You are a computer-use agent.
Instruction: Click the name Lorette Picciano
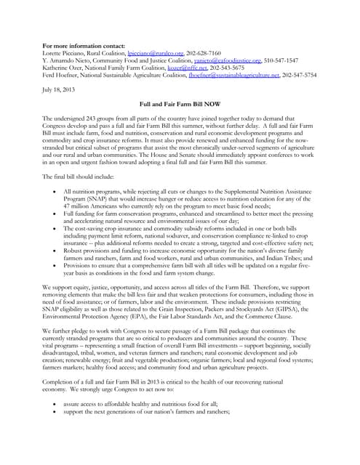[65, 54]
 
